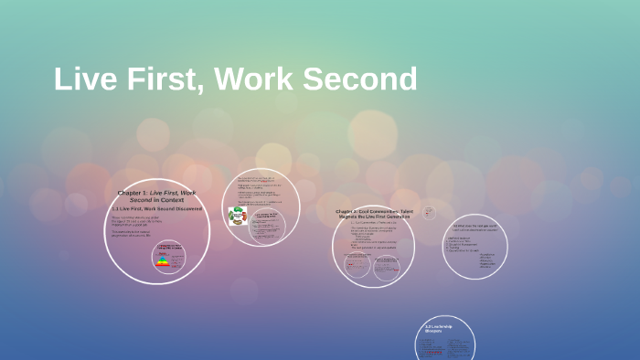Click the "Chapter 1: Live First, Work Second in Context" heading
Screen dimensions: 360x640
pos(156,196)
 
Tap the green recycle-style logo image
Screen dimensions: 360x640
pos(236,216)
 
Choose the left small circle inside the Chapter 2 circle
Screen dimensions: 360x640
pos(357,265)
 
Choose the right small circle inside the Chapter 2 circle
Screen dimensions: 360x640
pos(384,266)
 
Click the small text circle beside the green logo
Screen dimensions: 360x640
pos(268,225)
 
